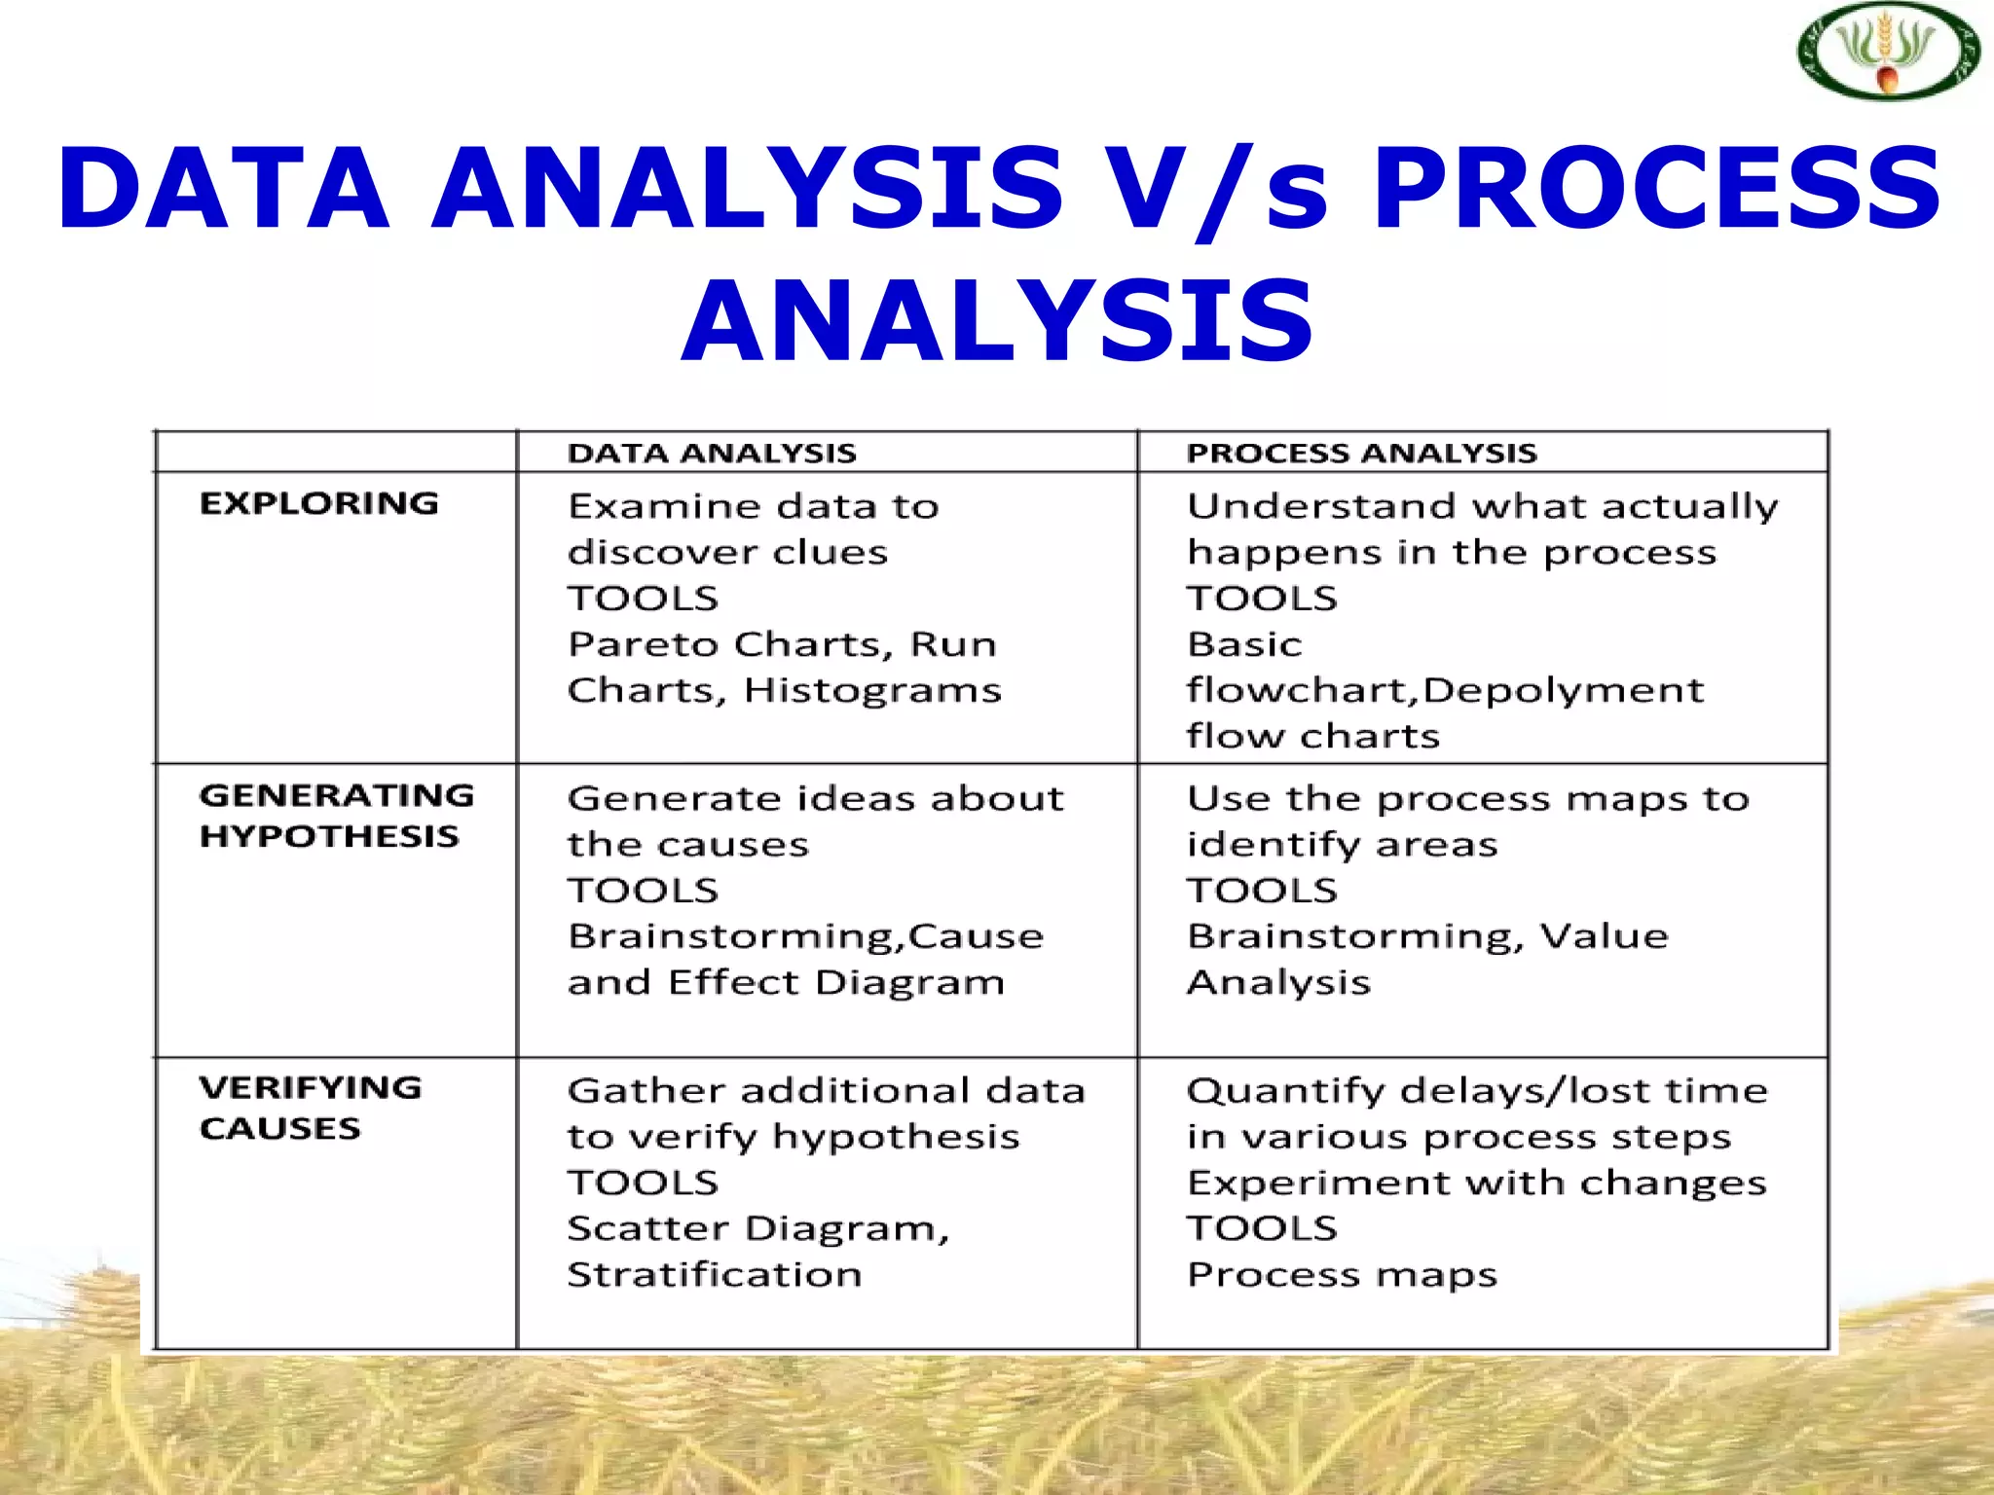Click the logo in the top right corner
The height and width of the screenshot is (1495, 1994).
[1887, 54]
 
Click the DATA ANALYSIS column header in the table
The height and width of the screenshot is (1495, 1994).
[712, 454]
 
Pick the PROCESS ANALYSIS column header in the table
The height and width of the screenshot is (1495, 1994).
[1361, 454]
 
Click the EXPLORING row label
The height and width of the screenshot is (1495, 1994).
[319, 504]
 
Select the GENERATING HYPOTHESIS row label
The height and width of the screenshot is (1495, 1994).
[336, 816]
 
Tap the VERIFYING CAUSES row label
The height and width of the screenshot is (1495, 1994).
[311, 1108]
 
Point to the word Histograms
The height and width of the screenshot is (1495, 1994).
[872, 691]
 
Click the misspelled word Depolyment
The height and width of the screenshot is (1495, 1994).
[1563, 691]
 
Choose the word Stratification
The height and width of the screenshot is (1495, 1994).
[715, 1275]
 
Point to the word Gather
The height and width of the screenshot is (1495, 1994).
[645, 1091]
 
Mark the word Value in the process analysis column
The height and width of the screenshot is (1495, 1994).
[1604, 936]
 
